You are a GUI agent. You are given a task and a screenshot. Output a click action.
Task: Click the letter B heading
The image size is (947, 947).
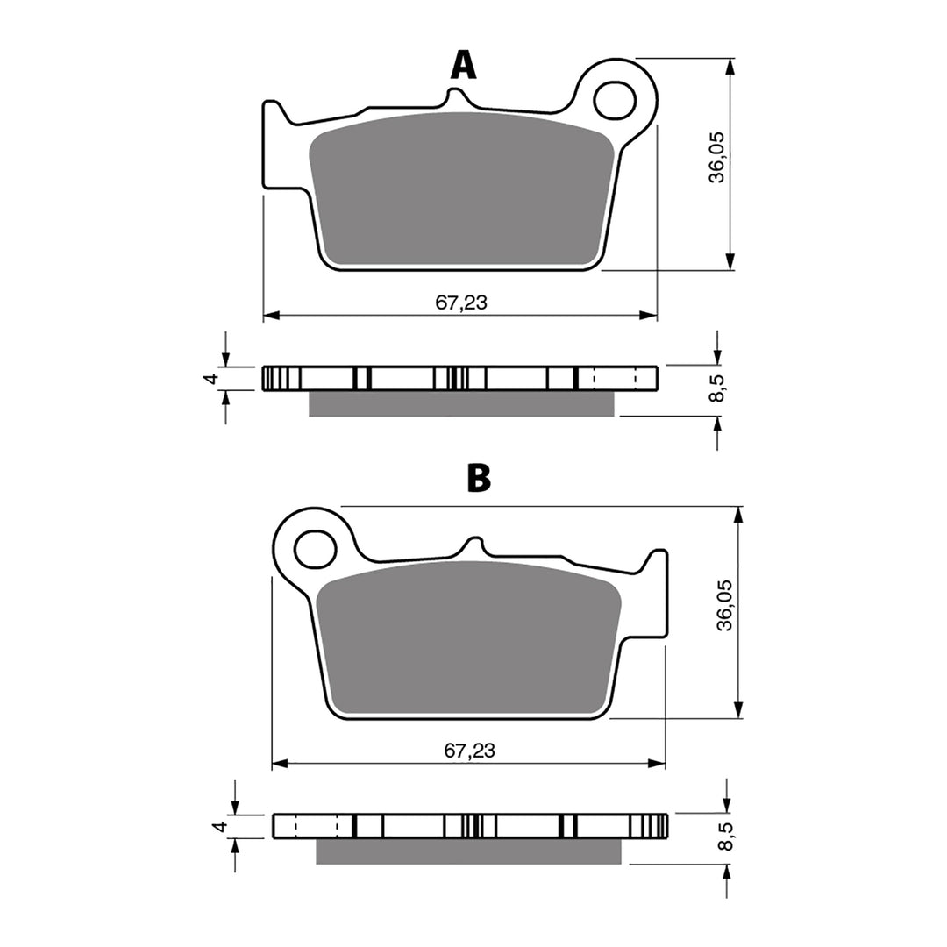tap(478, 478)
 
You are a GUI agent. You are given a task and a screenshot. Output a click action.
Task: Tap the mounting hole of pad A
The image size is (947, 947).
tap(614, 100)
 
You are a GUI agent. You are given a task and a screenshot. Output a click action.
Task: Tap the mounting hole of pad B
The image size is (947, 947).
tap(316, 549)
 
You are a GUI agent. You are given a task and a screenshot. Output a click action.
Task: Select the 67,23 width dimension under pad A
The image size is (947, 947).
tap(461, 303)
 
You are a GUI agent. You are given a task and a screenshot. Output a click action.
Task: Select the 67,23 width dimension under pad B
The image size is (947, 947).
tap(469, 751)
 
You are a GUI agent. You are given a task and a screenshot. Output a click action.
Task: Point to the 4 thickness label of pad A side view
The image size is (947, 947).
tap(210, 378)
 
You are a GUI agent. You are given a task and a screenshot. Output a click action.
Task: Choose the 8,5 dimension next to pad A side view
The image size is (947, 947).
tap(718, 387)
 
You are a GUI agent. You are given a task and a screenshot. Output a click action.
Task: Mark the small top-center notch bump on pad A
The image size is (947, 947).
tap(458, 93)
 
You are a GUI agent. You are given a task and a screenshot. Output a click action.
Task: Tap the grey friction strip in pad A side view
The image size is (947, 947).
tap(462, 402)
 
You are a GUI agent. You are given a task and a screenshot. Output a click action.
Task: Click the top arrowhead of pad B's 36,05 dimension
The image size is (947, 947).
tap(739, 515)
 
